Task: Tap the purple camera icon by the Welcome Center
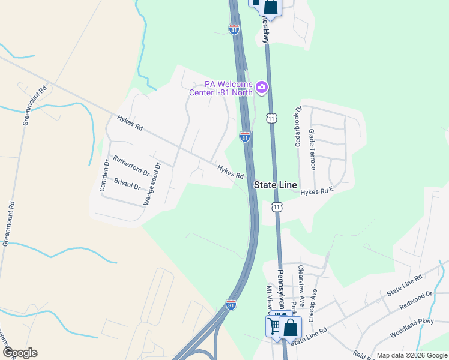261,88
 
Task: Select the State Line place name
275,185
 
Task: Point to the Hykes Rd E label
317,192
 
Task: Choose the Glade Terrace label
312,149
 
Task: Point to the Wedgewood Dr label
151,184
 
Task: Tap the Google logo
20,353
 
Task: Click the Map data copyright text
411,355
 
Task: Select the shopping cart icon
274,326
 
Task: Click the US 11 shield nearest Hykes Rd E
276,207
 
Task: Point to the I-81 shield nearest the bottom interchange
231,305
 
